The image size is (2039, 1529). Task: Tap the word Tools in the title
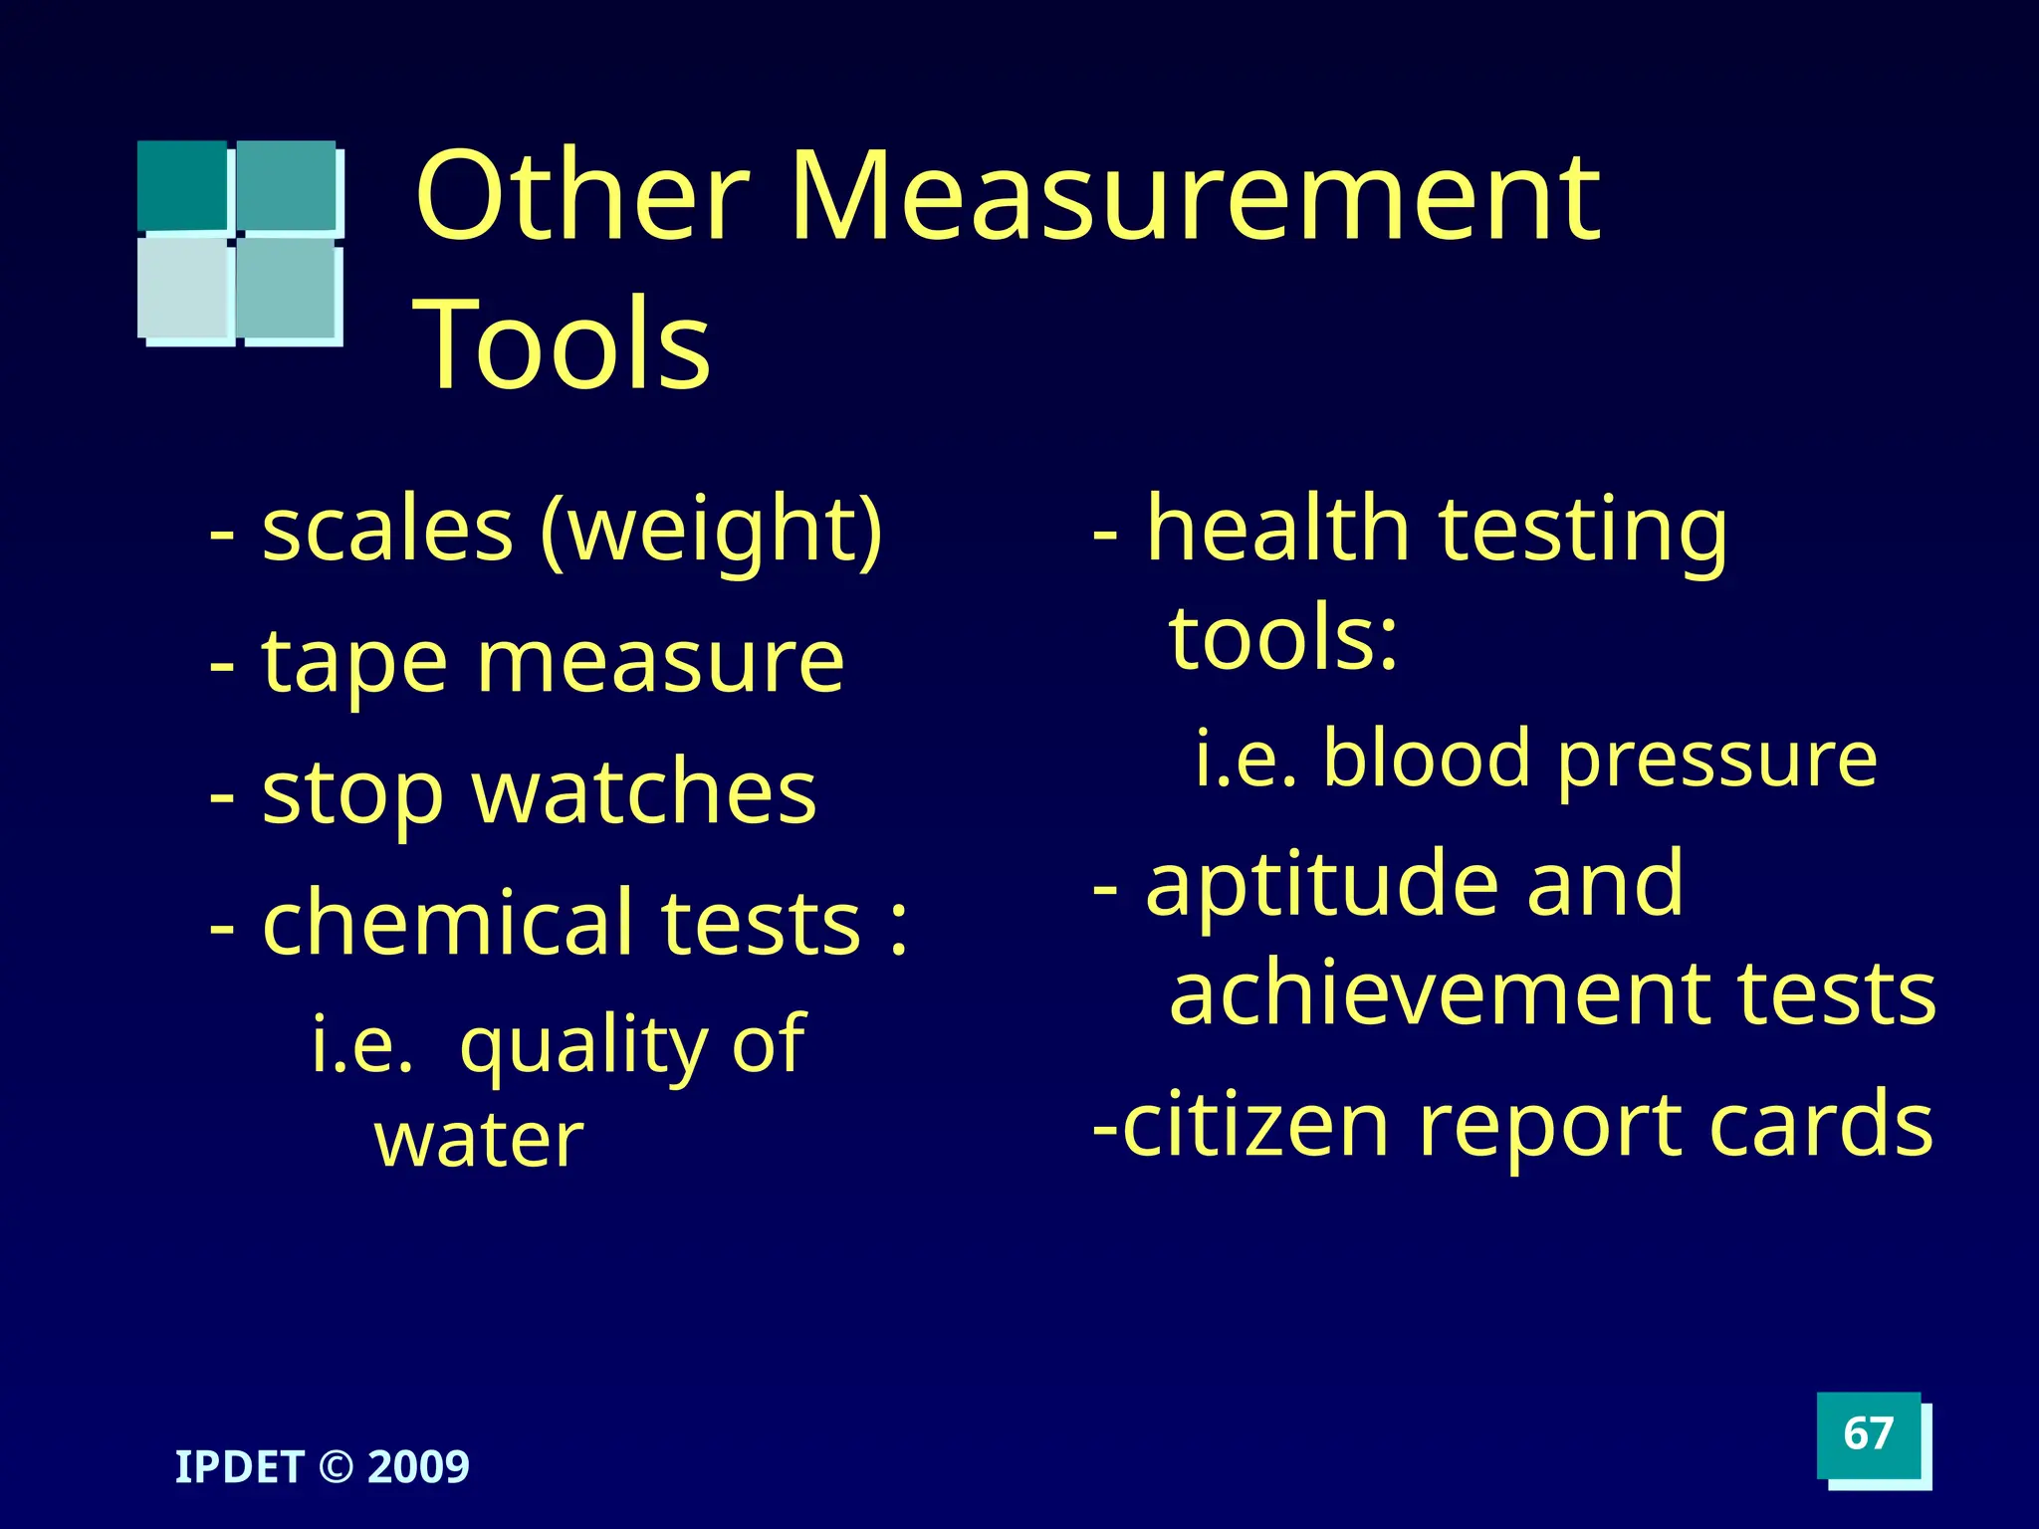point(563,344)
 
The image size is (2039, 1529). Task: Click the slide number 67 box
point(1868,1434)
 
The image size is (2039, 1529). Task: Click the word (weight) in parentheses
point(711,532)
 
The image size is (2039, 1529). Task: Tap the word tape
point(354,664)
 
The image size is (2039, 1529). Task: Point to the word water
point(479,1141)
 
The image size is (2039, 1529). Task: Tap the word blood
point(1426,759)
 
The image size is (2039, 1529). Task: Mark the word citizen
point(1254,1125)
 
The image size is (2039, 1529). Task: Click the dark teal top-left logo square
point(182,185)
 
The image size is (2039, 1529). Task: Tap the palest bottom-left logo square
point(184,288)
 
